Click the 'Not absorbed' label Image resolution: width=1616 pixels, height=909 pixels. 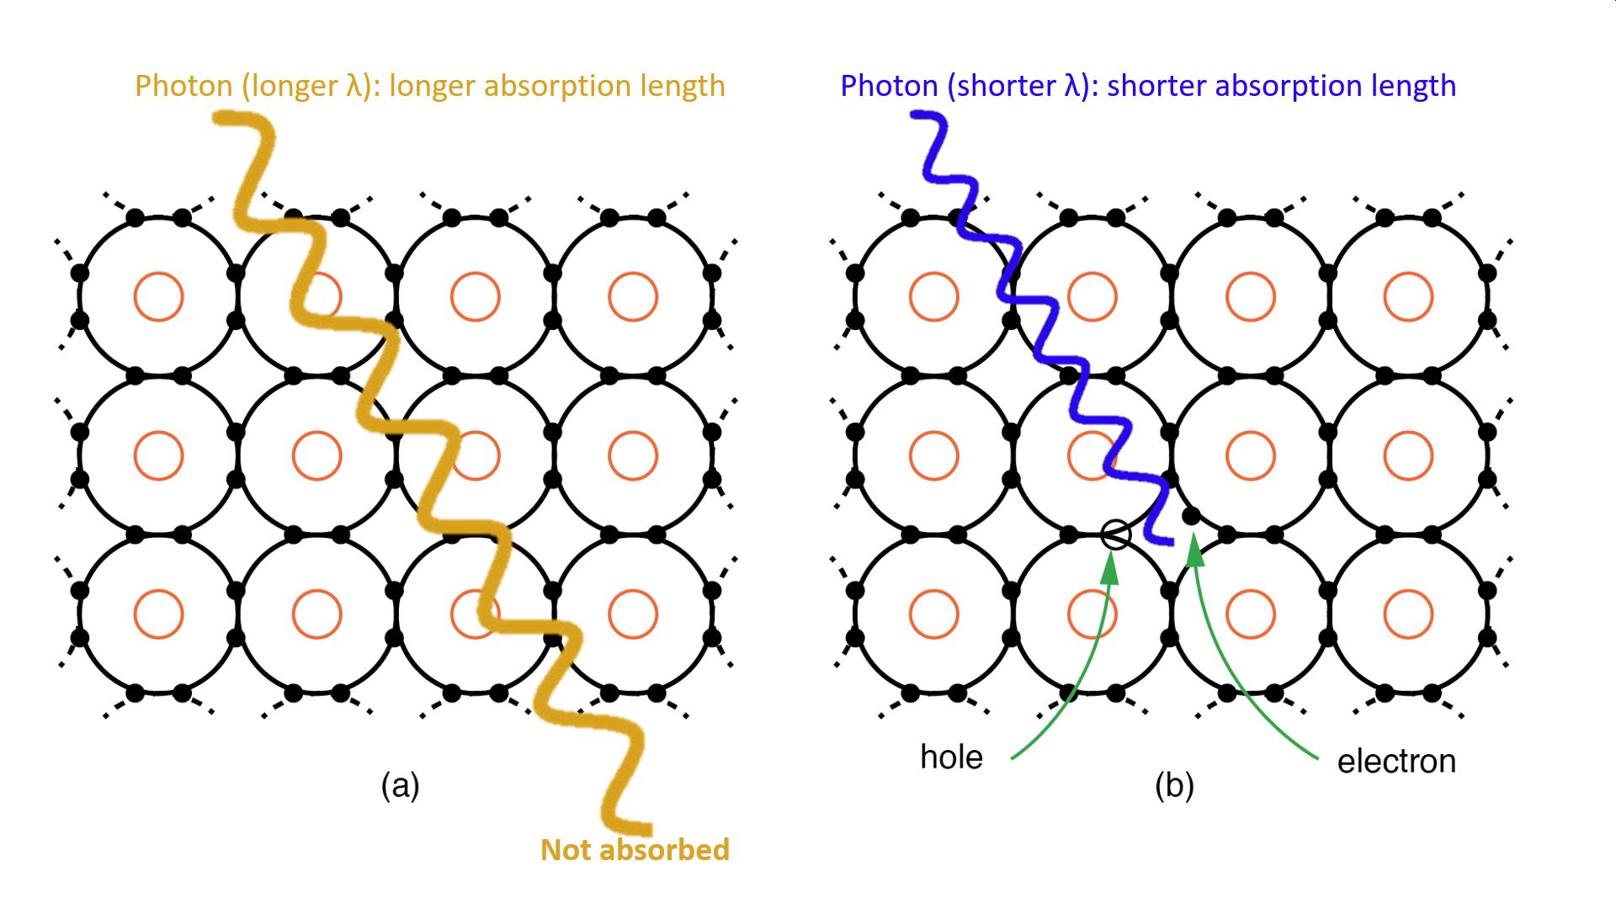pos(635,849)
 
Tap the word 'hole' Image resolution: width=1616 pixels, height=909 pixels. pos(951,757)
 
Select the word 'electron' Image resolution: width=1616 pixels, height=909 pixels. pos(1396,761)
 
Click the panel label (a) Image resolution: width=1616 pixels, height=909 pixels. pos(400,785)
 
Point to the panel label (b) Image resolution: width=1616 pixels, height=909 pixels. pos(1174,785)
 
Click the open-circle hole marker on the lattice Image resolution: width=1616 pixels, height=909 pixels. pos(1116,534)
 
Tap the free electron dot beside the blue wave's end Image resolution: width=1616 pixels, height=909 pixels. pos(1191,515)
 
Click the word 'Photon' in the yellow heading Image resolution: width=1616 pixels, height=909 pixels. pos(183,86)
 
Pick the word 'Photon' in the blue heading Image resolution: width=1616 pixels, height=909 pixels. pos(889,86)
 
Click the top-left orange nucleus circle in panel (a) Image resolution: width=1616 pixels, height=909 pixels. pos(158,296)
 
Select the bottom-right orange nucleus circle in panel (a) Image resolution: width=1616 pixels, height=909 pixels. pos(632,614)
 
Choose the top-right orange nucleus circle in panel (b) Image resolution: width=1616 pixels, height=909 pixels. pos(1408,296)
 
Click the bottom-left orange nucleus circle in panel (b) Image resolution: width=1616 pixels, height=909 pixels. pos(933,614)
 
